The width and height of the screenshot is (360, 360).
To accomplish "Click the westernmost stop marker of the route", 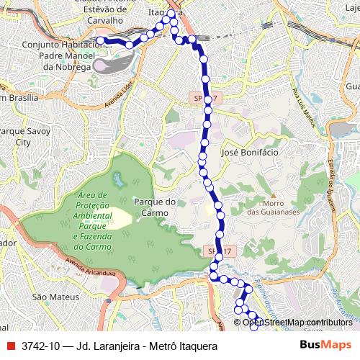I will click(x=102, y=41).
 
